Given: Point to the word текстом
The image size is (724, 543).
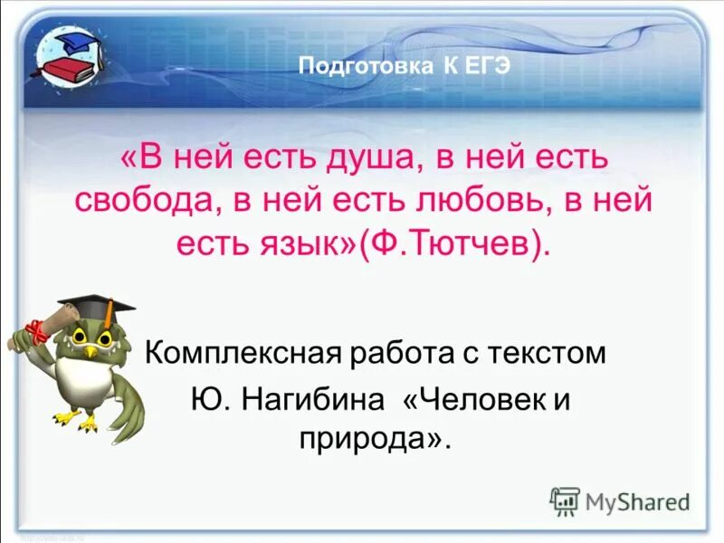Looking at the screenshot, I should coord(555,352).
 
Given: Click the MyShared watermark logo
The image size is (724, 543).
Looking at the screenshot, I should coord(621,500).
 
